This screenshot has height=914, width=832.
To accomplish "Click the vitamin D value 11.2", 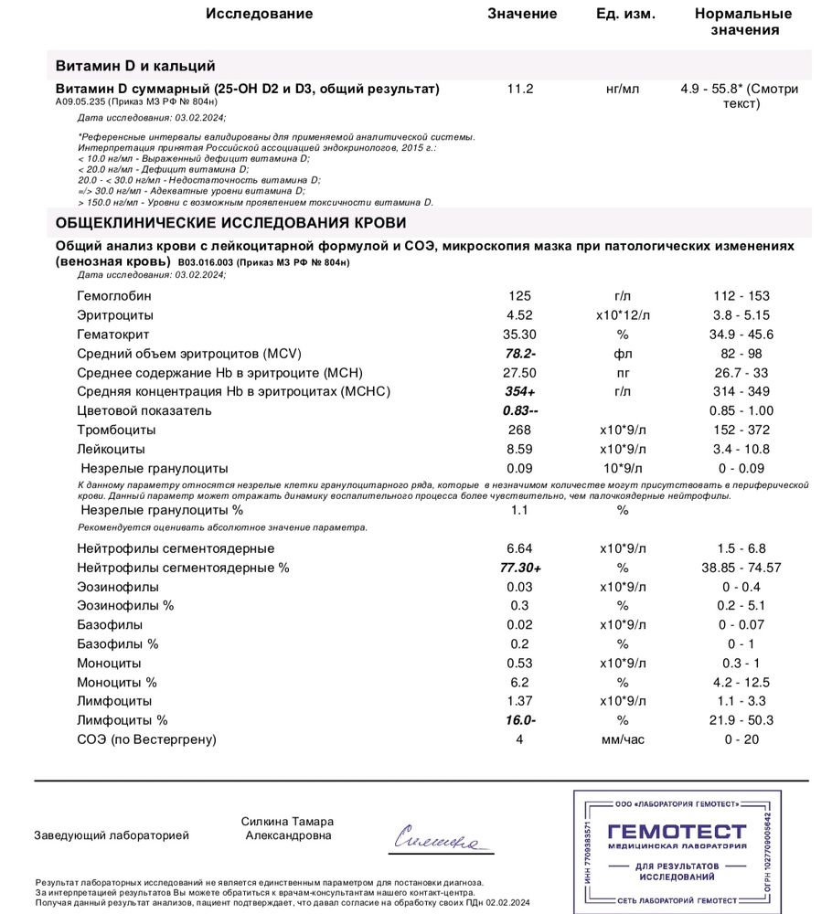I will [520, 89].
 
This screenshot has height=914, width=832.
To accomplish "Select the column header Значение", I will [522, 14].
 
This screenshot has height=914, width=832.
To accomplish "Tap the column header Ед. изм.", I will [625, 14].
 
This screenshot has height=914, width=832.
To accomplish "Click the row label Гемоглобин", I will [114, 296].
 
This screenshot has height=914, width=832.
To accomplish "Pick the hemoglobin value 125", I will [519, 296].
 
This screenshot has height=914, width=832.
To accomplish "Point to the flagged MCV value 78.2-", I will [520, 353].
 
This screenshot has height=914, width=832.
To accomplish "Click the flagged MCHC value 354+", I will [519, 391].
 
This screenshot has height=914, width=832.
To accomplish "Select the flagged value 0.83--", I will [519, 410].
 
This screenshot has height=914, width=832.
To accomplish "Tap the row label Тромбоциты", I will [116, 430].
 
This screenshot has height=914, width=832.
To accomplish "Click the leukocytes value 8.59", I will [519, 449].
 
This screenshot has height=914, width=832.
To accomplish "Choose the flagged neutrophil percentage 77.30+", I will [519, 568].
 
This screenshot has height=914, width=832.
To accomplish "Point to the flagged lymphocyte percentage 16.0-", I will [519, 720].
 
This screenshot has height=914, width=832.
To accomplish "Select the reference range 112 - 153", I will [741, 296].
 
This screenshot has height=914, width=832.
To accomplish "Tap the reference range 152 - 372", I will [741, 430].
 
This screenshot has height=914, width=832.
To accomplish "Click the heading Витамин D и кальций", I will [135, 66].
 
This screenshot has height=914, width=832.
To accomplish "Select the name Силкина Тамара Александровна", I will [288, 828].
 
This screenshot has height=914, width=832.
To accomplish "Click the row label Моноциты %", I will [117, 682].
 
